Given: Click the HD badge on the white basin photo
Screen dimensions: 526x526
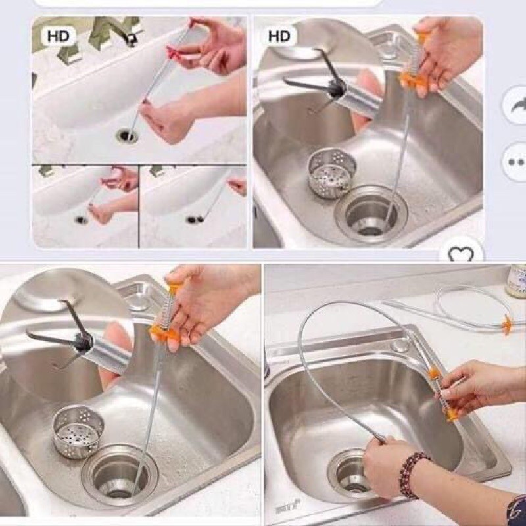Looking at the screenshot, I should click(58, 36).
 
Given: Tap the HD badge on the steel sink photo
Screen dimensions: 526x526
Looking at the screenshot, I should click(279, 36).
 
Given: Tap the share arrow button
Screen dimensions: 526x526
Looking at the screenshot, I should click(515, 105).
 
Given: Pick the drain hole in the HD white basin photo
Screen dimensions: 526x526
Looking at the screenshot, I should click(127, 135).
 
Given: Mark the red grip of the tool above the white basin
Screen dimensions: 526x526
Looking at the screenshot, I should click(176, 51).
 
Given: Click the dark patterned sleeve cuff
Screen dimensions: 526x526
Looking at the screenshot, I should click(515, 510).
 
